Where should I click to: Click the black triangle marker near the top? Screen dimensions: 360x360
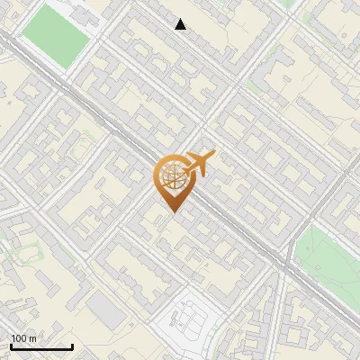(x=181, y=24)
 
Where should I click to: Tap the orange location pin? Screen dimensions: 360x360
(x=172, y=181)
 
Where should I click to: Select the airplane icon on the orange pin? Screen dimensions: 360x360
(x=199, y=163)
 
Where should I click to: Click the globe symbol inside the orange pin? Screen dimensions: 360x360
(x=172, y=175)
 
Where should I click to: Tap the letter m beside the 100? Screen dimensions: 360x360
(x=32, y=338)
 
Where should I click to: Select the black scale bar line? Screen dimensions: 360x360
(x=41, y=347)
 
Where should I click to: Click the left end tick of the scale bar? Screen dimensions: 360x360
(x=11, y=346)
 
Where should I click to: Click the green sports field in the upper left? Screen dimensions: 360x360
(x=56, y=34)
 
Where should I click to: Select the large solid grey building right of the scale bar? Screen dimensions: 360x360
(x=106, y=311)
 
